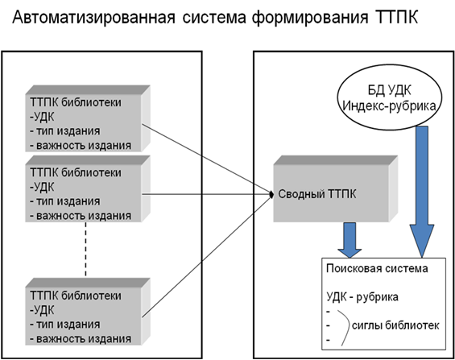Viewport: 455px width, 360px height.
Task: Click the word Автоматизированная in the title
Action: tap(93, 17)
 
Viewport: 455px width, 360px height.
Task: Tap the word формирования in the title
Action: tap(310, 19)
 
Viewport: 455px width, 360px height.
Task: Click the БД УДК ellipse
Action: tap(390, 97)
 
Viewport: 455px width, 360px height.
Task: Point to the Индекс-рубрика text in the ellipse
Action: tap(390, 106)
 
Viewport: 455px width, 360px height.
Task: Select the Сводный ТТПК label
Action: tap(316, 194)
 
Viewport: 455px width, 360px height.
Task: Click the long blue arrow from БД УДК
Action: tap(422, 192)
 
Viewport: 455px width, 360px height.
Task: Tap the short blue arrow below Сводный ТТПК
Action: tap(350, 240)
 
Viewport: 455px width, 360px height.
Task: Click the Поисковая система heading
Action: tap(377, 268)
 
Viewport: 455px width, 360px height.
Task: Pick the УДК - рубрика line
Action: tap(362, 297)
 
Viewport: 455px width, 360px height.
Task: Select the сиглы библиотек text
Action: tap(395, 325)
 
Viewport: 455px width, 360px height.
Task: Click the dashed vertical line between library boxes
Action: tap(85, 249)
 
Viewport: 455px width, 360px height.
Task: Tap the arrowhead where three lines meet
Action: tap(271, 194)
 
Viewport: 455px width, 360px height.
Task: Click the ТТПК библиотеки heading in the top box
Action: tap(76, 102)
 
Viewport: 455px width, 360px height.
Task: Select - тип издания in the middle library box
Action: tap(65, 201)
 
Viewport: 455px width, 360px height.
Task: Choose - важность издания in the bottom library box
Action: tap(81, 339)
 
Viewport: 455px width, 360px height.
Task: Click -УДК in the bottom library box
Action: tap(42, 310)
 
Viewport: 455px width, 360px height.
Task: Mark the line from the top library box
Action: tap(207, 159)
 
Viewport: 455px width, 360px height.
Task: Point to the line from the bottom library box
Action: tap(207, 256)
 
